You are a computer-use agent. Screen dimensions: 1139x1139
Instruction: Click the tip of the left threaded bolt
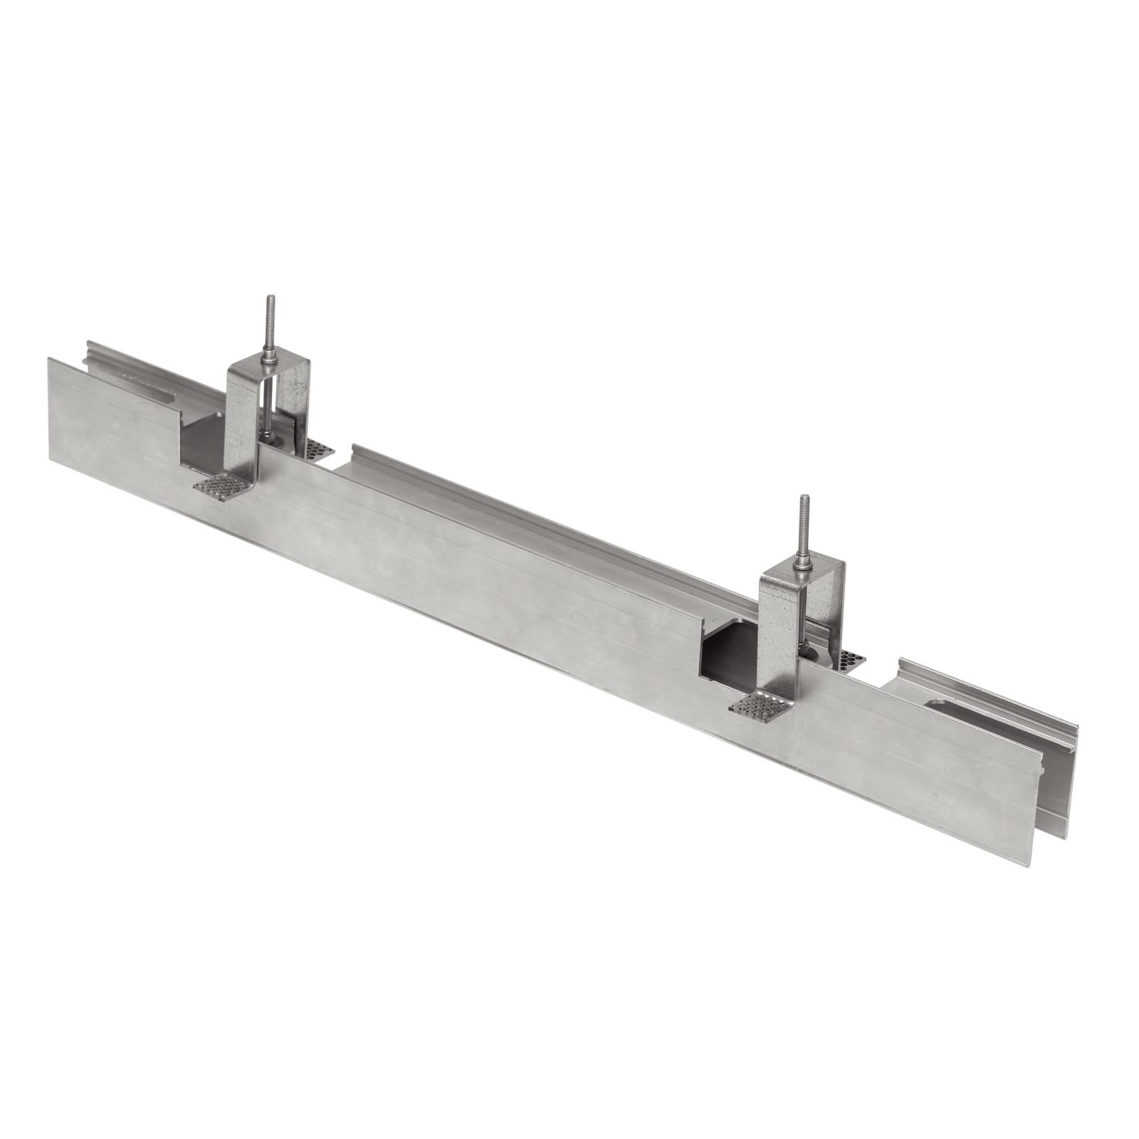click(x=270, y=298)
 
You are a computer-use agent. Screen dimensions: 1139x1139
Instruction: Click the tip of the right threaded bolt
click(x=804, y=498)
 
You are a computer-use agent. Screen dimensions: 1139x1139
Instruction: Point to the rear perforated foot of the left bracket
click(x=318, y=449)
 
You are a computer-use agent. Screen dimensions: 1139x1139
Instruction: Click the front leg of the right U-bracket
click(x=776, y=626)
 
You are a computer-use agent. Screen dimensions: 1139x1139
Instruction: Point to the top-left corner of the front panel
click(x=49, y=359)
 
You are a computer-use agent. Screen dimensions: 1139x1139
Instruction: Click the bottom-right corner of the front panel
click(x=1031, y=865)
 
